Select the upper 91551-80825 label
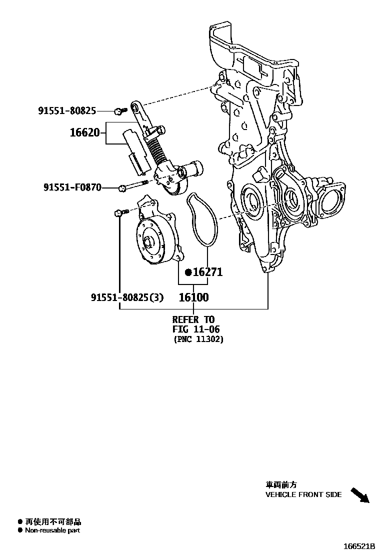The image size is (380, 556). [67, 110]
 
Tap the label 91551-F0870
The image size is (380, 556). [72, 187]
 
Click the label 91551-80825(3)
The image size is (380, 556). [127, 297]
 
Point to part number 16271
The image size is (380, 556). [207, 272]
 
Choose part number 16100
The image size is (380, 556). [194, 297]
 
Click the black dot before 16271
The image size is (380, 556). [188, 272]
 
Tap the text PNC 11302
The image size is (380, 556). [198, 339]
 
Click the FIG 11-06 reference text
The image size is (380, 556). [196, 329]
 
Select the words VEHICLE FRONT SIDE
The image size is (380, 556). [303, 494]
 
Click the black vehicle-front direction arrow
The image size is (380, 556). [360, 495]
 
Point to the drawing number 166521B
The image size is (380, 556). [358, 546]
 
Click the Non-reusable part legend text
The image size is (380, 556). [52, 530]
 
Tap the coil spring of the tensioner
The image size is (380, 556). [156, 151]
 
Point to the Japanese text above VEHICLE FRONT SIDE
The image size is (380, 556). [281, 484]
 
